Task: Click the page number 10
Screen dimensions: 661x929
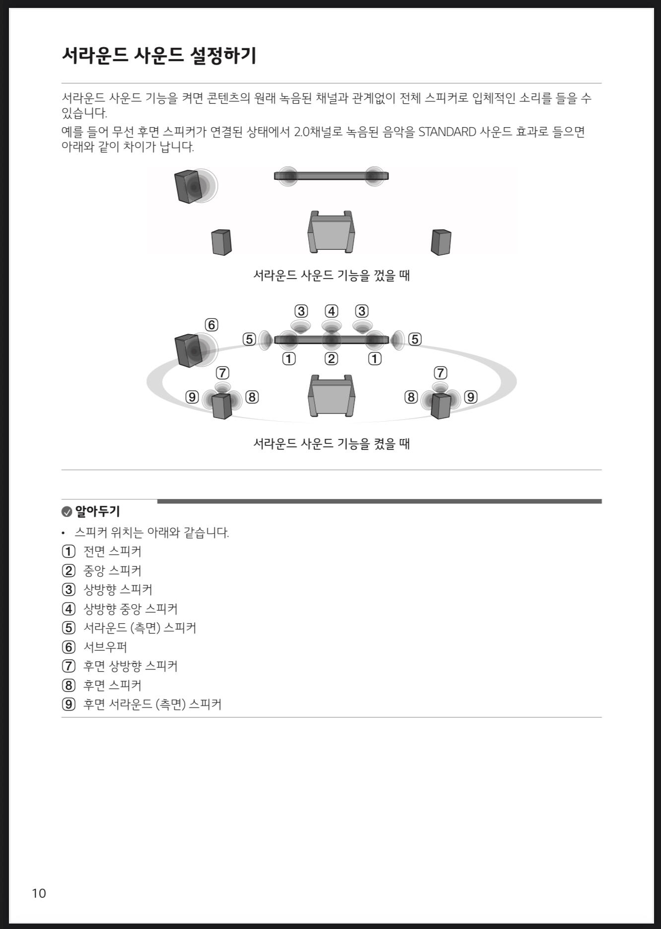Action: (39, 893)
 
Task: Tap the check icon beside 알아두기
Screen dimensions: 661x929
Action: (66, 512)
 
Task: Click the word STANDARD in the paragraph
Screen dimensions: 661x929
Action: (447, 132)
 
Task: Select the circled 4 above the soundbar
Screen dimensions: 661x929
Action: (331, 311)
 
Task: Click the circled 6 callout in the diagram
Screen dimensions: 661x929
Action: (211, 325)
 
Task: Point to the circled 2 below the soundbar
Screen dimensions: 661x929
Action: (331, 358)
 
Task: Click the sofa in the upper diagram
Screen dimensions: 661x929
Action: (331, 231)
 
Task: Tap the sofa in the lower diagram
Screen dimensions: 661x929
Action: (331, 396)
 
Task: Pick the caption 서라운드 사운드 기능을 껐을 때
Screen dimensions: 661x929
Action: (331, 275)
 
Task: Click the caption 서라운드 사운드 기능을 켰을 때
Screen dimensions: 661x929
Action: (331, 443)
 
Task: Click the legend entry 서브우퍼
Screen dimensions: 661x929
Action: (105, 647)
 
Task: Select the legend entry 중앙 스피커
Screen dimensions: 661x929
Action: (112, 571)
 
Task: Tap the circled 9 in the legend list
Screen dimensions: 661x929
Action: (68, 704)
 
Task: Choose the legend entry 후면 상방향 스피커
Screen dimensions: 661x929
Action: (131, 666)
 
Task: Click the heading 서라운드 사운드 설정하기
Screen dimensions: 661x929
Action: (159, 55)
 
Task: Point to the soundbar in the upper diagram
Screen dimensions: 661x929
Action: (331, 176)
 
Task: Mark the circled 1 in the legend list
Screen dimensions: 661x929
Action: (68, 552)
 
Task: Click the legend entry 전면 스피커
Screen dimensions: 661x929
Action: (112, 552)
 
